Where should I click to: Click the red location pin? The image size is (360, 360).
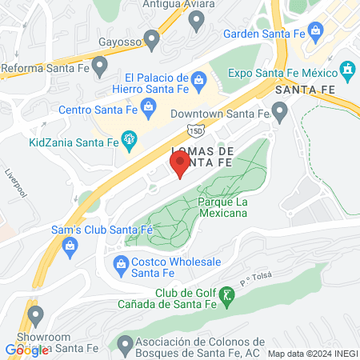[180, 164]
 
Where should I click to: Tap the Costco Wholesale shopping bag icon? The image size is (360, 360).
[121, 262]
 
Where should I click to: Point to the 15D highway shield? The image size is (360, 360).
[196, 130]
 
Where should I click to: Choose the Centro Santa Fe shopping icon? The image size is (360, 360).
[147, 106]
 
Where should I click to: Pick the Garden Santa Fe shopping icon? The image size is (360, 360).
[317, 34]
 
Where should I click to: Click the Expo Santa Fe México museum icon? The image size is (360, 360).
[347, 71]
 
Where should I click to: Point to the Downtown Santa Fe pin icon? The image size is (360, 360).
[278, 113]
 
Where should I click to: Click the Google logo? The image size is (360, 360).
[26, 350]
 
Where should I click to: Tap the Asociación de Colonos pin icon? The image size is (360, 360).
[123, 345]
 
